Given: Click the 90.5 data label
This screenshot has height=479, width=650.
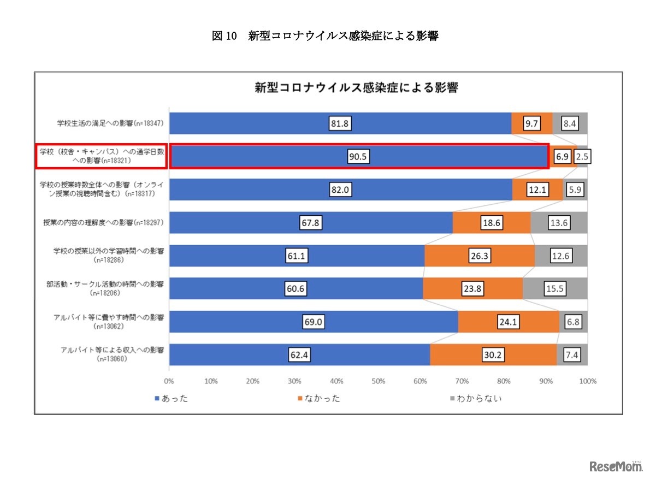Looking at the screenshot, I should [359, 157].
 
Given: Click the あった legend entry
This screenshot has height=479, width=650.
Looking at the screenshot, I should [172, 398].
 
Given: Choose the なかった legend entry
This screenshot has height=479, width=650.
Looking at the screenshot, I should [320, 398].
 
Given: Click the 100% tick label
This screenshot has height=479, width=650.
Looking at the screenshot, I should [587, 381].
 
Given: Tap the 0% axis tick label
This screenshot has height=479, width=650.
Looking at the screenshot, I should [169, 381].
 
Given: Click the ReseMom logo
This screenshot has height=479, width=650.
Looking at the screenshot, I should [615, 465].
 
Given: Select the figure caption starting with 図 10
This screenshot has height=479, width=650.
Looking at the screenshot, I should [325, 37].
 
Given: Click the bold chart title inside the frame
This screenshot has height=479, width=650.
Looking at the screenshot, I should [356, 87].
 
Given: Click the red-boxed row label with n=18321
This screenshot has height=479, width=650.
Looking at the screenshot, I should [101, 156].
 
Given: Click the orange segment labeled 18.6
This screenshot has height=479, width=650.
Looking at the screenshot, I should [492, 223].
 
